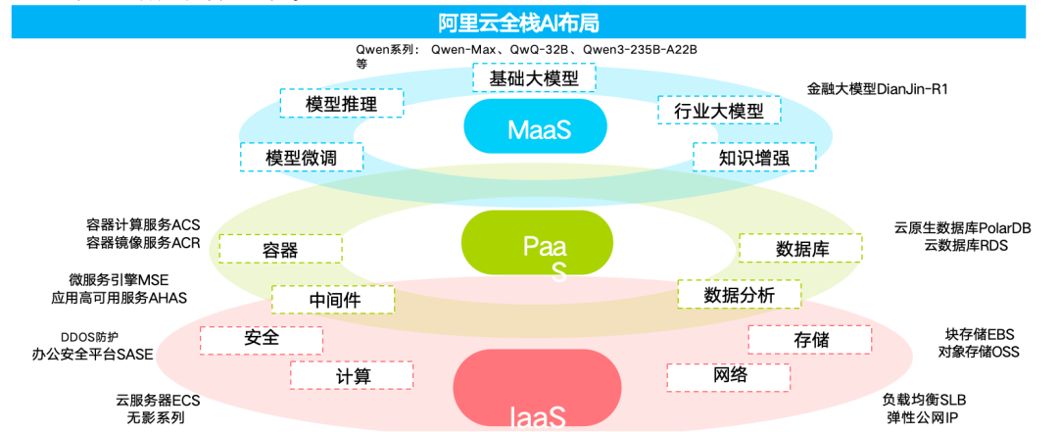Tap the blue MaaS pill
pos(535,127)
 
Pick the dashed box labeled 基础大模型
pos(534,77)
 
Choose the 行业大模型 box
pos(718,110)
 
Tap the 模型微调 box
pos(301,157)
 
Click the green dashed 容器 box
pos(280,249)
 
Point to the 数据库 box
pos(801,248)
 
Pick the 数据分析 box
pos(739,294)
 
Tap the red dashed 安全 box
pos(262,339)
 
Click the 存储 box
pos(810,339)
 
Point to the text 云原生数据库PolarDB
pos(962,227)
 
